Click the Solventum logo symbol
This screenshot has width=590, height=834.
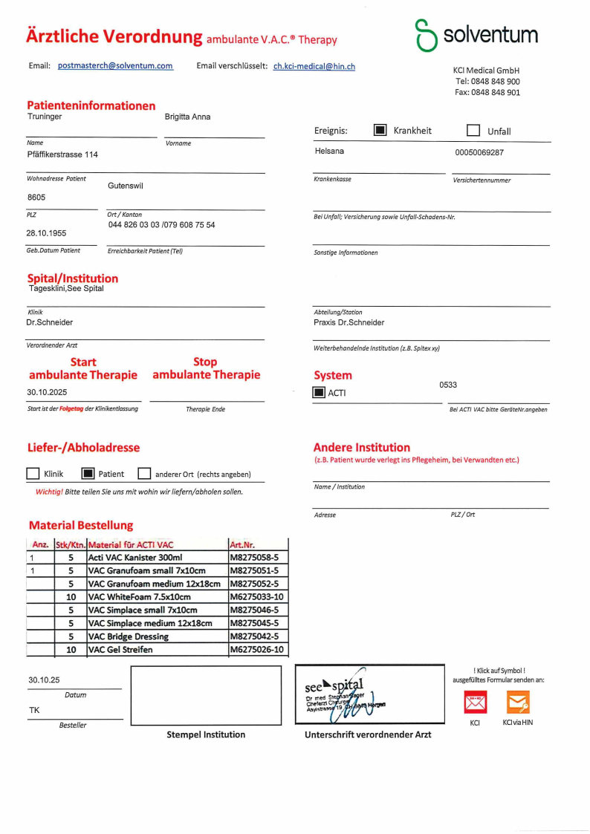(426, 36)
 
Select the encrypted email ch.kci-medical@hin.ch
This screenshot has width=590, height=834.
(314, 67)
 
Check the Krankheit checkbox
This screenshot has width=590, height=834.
(380, 130)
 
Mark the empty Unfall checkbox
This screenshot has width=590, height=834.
(473, 131)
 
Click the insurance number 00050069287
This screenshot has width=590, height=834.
(479, 152)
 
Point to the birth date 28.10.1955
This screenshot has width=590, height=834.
(47, 233)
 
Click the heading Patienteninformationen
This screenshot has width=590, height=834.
(91, 105)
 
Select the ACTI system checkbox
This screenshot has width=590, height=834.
(319, 392)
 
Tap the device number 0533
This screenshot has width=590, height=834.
(448, 385)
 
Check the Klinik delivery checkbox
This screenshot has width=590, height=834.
(33, 473)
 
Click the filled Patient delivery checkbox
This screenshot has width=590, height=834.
(88, 473)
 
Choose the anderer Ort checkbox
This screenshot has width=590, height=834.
(144, 473)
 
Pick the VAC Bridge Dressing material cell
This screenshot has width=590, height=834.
(129, 636)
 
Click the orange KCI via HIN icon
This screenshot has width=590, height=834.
(518, 702)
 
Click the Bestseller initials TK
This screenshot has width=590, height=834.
(34, 711)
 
